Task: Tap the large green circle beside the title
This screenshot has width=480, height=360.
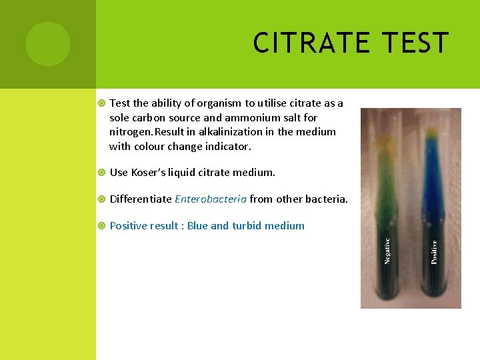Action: (48, 44)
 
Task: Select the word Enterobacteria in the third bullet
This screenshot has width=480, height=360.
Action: (211, 199)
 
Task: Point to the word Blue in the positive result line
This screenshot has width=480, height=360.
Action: (197, 225)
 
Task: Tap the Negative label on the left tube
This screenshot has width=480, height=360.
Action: (387, 251)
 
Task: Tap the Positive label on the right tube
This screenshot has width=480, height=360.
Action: (434, 252)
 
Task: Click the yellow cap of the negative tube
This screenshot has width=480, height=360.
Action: (385, 141)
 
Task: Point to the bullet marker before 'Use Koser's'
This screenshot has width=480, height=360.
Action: (101, 172)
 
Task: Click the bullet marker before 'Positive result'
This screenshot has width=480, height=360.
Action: (101, 225)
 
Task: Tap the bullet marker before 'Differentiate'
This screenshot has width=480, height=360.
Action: (101, 199)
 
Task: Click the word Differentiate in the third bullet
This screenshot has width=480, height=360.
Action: (140, 199)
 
